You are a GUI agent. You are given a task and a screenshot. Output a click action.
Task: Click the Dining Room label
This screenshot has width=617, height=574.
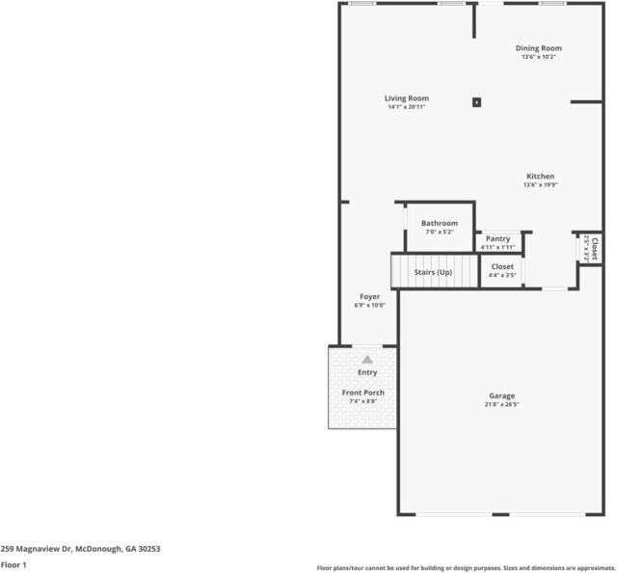point(538,48)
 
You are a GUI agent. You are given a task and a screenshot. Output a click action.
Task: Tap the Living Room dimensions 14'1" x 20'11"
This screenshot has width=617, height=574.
point(406,107)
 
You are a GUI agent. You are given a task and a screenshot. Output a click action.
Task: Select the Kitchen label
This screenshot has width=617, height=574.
point(539,177)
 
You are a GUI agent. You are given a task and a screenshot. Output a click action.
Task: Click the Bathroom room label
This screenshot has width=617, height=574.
point(439,224)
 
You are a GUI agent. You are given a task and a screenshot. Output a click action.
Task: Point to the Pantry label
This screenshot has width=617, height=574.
point(497,238)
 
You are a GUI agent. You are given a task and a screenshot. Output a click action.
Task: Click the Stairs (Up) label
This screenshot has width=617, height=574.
point(433,272)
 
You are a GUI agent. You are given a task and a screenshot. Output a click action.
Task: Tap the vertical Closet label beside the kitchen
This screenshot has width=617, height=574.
point(594,248)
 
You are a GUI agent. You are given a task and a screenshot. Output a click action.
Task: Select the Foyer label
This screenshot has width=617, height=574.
point(369,296)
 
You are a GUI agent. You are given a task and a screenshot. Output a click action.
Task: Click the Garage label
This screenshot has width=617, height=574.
point(501,396)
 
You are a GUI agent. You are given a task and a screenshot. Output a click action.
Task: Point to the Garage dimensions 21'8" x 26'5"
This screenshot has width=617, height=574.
point(501,405)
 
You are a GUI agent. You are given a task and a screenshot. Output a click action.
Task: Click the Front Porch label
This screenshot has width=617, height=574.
point(362,393)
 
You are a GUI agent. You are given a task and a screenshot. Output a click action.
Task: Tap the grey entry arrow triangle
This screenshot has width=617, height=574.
point(366,359)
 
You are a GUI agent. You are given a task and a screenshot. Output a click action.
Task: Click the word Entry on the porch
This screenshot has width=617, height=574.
point(367,372)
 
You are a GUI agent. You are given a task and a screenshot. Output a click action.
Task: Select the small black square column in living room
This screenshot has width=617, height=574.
point(476,101)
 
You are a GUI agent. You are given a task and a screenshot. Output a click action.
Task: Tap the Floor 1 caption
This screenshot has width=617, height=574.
point(13,564)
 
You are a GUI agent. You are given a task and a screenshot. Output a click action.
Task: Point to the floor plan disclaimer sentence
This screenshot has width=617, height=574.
point(466,567)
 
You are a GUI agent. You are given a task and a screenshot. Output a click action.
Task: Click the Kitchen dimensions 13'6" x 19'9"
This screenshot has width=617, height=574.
point(539,185)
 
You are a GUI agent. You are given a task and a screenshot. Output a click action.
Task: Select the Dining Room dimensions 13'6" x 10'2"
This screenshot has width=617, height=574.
point(538,57)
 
